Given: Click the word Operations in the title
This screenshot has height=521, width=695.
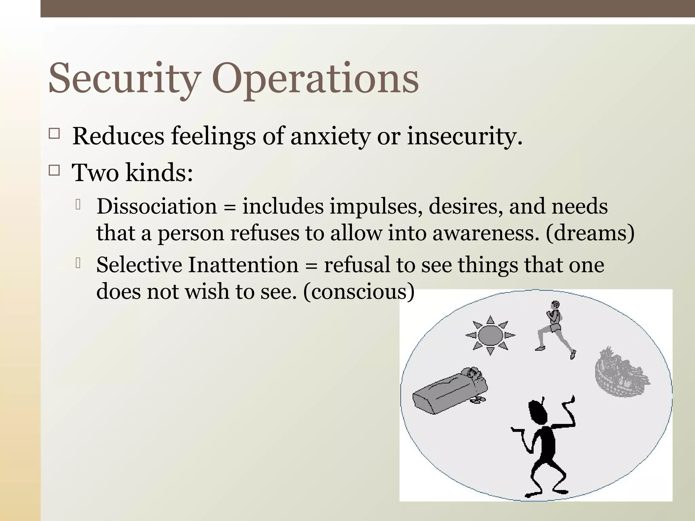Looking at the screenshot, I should click(316, 79).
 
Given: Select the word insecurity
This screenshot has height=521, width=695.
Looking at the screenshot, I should click(464, 136).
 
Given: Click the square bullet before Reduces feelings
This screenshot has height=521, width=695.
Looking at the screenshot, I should click(54, 133).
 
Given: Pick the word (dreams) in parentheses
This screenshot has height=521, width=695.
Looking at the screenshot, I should click(589, 233).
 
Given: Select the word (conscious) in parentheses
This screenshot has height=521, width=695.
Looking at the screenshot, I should click(359, 292).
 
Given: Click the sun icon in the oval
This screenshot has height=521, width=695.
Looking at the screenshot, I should click(490, 335).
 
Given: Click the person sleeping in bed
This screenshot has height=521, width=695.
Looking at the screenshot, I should click(450, 390).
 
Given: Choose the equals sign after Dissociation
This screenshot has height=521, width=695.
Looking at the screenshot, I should click(229, 207).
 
